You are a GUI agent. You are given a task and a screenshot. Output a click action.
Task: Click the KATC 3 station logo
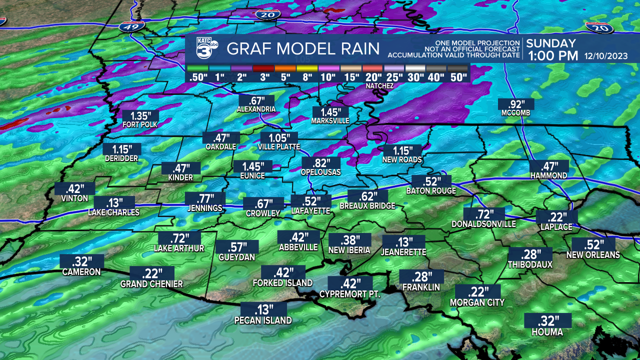coord(205,48)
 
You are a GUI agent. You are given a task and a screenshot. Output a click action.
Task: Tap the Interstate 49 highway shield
coord(132,26)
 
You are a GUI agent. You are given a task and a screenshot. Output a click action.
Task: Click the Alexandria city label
coord(256,109)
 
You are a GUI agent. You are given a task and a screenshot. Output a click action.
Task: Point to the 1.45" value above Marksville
coord(330,112)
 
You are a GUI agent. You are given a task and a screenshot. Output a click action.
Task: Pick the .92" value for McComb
coord(516,104)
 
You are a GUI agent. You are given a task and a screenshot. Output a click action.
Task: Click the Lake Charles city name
coord(113,212)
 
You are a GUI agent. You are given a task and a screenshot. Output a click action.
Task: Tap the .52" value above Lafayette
coord(310,201)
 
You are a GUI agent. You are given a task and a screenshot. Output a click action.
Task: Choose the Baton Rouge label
coord(431,190)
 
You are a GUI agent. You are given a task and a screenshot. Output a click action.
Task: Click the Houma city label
coord(547,332)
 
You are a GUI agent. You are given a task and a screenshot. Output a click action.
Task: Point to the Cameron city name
coord(81,272)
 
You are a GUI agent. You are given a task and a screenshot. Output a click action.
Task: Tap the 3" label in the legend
coord(265,77)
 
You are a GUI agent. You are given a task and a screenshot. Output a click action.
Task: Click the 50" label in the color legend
coord(458,77)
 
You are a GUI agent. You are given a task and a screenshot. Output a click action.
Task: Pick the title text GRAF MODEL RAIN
coord(303,49)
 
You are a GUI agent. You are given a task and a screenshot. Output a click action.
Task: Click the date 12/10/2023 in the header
coord(606,56)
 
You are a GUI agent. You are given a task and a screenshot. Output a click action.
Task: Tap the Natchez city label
coord(379,86)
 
